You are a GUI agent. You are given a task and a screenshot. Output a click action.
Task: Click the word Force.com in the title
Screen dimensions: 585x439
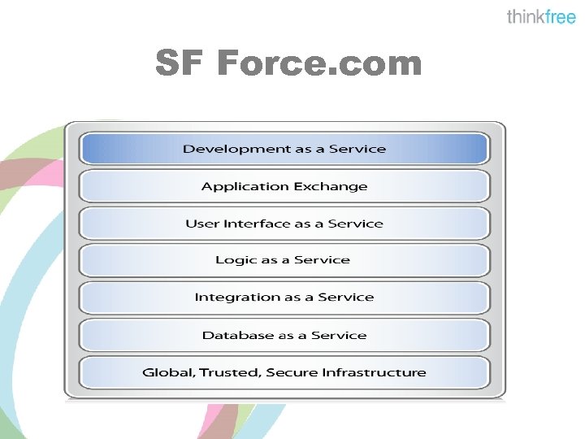coord(319,63)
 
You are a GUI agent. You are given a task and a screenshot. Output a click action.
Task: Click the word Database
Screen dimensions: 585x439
coord(236,335)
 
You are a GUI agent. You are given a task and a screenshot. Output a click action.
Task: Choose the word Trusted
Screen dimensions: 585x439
coord(225,372)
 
